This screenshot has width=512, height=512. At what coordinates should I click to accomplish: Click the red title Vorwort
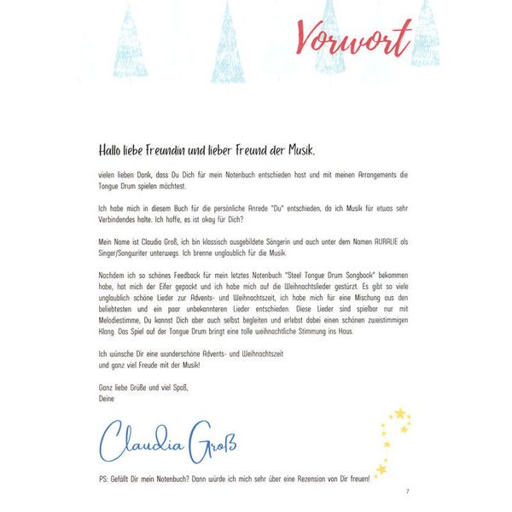(354, 36)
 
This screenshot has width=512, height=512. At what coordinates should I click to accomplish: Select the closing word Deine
(108, 399)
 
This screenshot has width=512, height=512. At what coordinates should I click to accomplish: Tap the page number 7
(408, 492)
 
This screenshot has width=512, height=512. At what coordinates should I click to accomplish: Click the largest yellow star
(399, 414)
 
